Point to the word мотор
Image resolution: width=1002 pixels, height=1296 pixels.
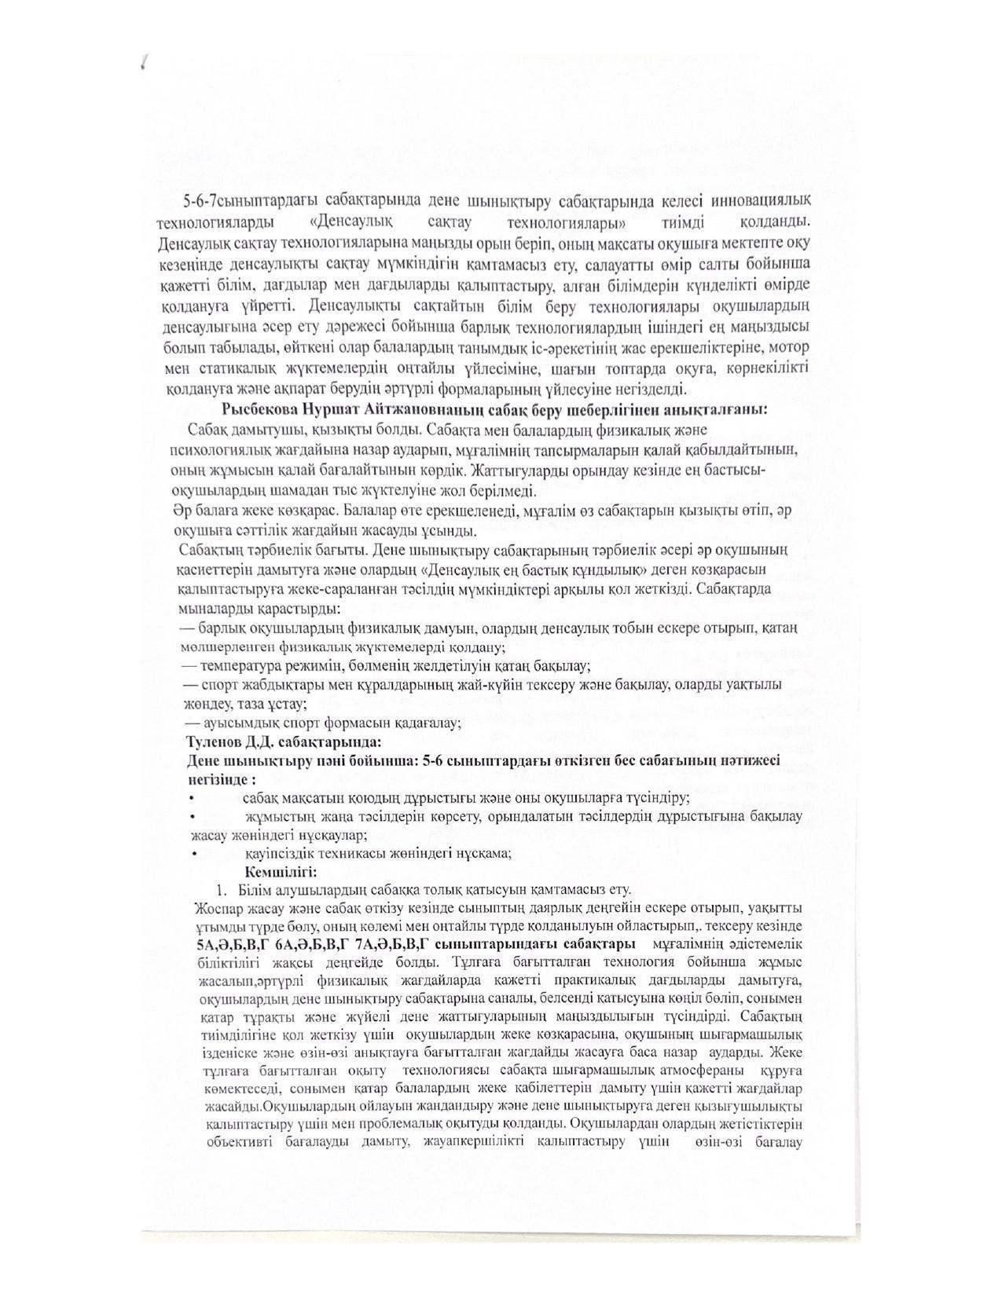click(x=791, y=347)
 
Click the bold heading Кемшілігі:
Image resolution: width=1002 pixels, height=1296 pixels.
click(x=281, y=872)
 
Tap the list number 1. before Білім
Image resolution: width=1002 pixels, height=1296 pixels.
click(x=222, y=890)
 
